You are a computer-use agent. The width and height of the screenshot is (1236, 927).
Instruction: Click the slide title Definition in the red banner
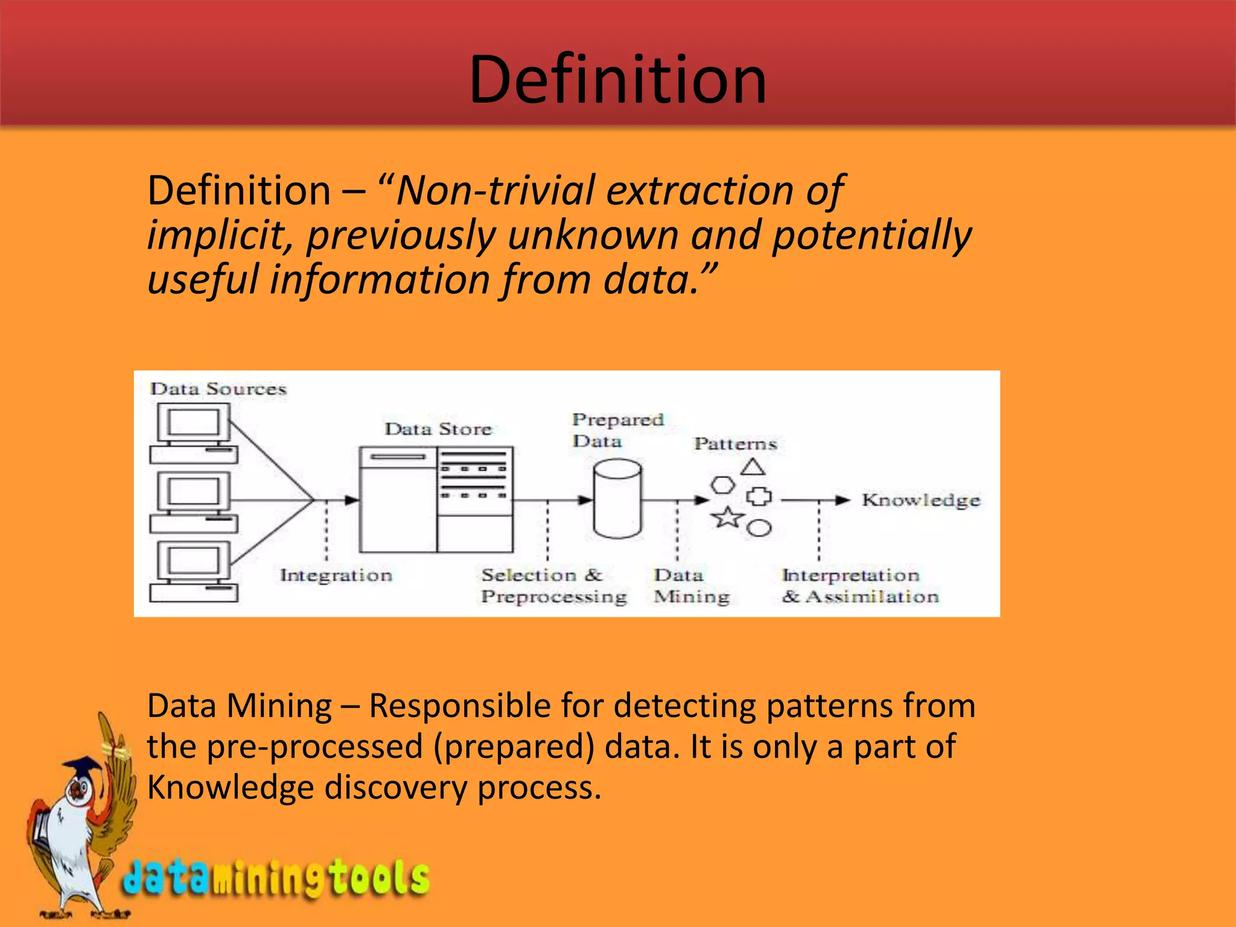617,80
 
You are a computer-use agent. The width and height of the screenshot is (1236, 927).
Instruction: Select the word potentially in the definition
871,235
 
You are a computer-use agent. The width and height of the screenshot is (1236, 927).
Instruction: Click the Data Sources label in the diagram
218,389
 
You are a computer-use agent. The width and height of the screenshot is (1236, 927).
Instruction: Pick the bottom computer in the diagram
194,571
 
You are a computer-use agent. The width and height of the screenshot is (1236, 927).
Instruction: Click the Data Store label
439,429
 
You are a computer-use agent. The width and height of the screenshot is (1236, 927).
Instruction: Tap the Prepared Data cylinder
617,499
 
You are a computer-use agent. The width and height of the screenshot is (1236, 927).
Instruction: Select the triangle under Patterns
753,467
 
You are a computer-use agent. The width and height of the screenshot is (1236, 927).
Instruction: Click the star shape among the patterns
727,517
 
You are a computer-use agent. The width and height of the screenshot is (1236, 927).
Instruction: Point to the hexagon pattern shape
722,485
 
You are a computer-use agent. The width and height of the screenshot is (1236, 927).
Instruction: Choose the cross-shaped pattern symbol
759,497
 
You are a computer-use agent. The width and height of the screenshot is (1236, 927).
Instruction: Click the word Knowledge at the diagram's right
921,500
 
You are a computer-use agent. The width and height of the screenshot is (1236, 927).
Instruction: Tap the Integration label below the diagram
336,575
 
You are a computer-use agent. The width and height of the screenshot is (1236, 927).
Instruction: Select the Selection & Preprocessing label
553,585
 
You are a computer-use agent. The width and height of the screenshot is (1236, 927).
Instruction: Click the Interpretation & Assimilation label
860,585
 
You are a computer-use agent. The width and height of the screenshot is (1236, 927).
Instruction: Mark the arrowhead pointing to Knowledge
843,500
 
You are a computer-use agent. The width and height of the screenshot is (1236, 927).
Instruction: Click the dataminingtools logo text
276,878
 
